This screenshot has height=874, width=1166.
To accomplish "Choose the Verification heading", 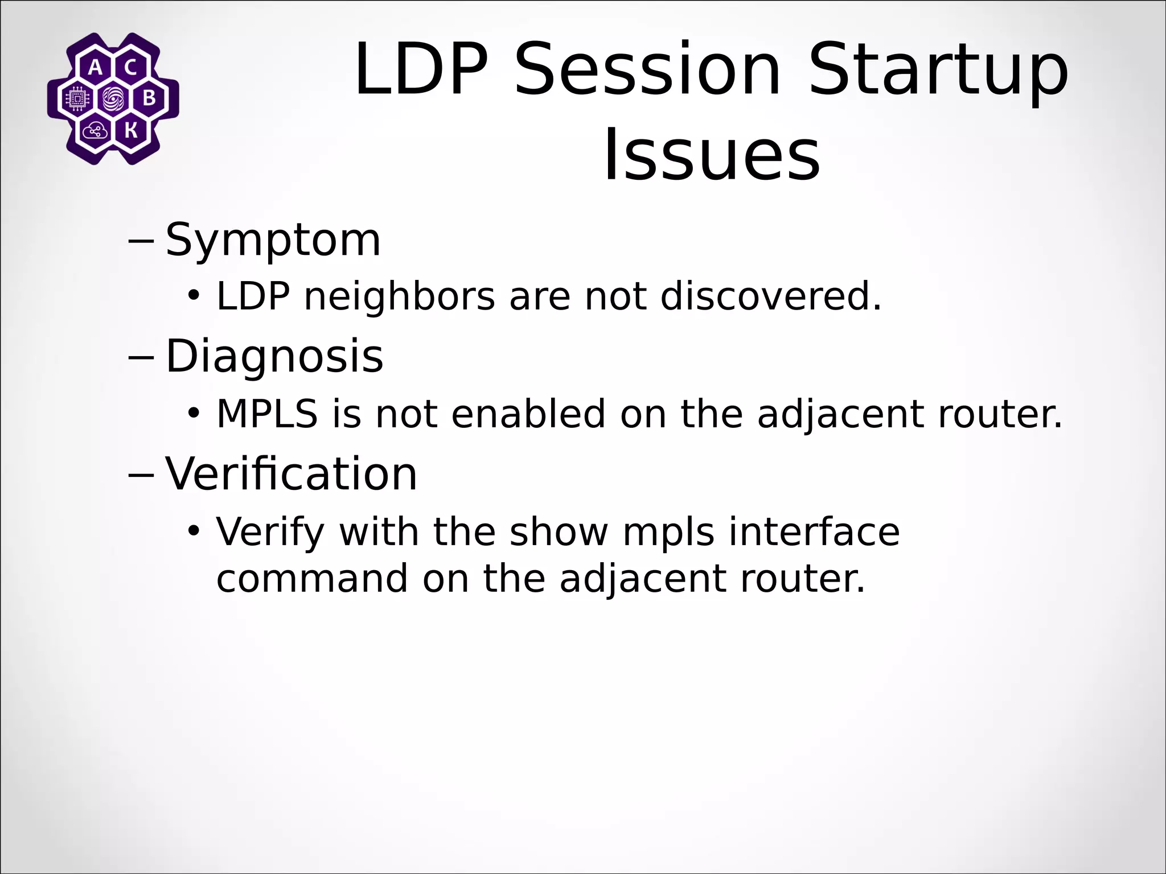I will tap(291, 473).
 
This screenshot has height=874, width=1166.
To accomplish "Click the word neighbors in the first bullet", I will tap(400, 298).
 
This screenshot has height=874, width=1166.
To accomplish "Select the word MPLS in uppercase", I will tap(267, 414).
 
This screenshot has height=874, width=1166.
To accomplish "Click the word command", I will tap(312, 579).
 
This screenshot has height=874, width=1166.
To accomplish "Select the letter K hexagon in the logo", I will tap(130, 131).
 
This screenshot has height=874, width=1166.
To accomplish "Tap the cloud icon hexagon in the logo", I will tap(95, 131).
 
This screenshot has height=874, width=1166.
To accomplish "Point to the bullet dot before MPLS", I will tap(194, 413).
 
